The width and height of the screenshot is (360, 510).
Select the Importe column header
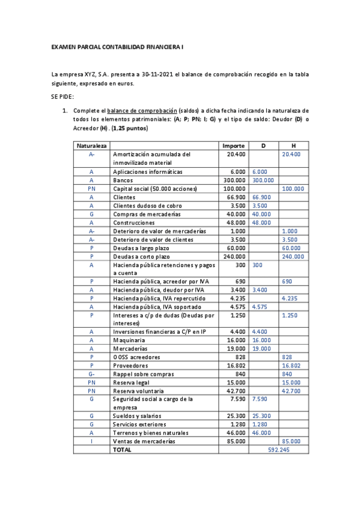click(x=233, y=146)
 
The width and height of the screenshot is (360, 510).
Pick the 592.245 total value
click(x=279, y=449)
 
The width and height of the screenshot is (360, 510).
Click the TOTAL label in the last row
click(x=123, y=449)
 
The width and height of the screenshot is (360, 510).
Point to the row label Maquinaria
click(x=128, y=340)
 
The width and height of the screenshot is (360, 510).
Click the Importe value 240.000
click(x=234, y=256)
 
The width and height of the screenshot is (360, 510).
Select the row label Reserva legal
click(x=132, y=382)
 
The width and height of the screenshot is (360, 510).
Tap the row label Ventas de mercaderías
click(x=144, y=441)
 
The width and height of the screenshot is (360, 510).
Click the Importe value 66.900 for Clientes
click(x=236, y=197)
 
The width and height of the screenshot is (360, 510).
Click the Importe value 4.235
click(x=238, y=298)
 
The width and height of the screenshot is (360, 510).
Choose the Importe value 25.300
click(x=236, y=416)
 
